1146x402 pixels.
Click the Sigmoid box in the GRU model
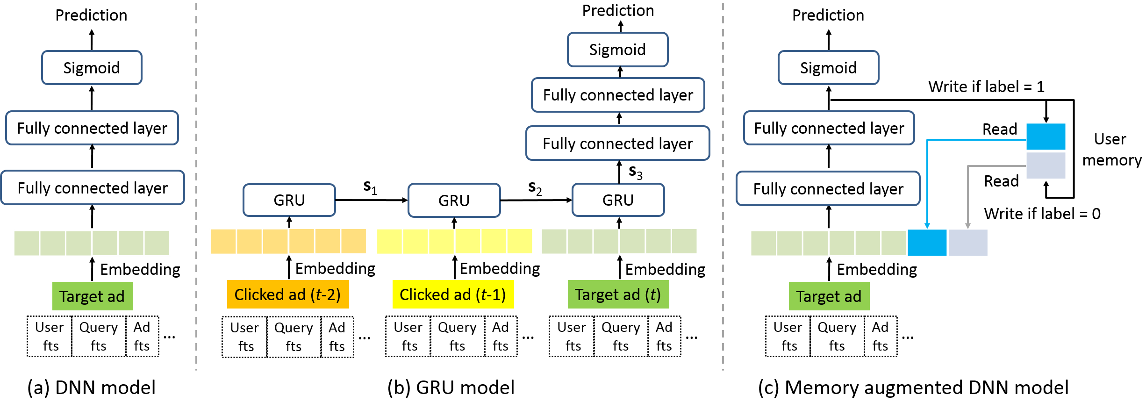click(x=617, y=50)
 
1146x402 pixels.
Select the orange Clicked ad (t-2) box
click(x=287, y=294)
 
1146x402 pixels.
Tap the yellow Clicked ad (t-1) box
click(x=453, y=294)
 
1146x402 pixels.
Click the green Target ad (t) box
click(x=618, y=294)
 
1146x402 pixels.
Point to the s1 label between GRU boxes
click(x=370, y=187)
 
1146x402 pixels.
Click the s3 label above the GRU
click(x=635, y=172)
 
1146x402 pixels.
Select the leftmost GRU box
click(x=289, y=200)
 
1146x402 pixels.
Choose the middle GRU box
click(x=454, y=201)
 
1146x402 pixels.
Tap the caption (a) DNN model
click(x=91, y=388)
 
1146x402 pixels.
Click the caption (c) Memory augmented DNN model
click(x=913, y=388)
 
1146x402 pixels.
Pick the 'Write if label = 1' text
click(x=986, y=86)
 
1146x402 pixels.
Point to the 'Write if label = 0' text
click(x=1042, y=214)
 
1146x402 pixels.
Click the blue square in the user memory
click(x=1046, y=136)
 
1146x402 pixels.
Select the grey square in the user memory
click(x=1046, y=165)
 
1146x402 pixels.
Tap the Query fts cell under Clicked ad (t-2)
click(x=294, y=337)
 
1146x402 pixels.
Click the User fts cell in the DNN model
click(x=50, y=336)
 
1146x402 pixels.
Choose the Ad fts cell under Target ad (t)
click(x=664, y=336)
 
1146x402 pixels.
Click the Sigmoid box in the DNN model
click(x=92, y=68)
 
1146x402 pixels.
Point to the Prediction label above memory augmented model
click(x=828, y=15)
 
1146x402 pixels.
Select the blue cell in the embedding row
click(x=927, y=243)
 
